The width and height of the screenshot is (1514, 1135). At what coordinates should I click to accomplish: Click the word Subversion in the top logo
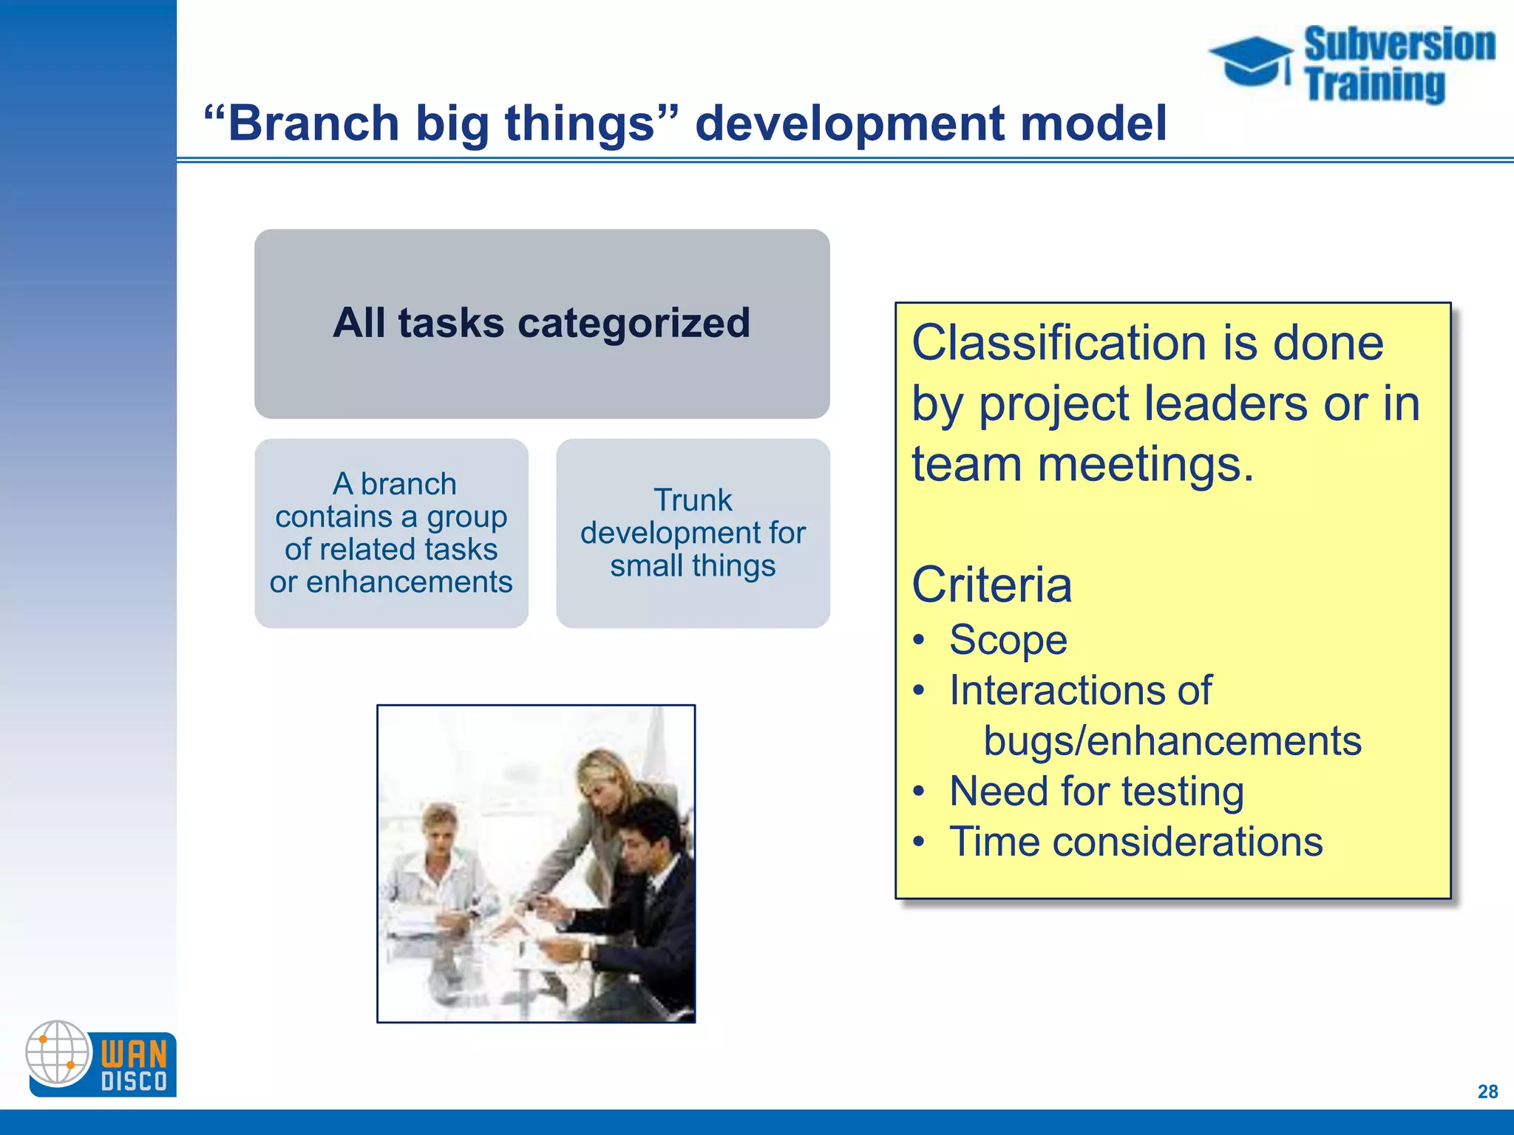click(x=1399, y=44)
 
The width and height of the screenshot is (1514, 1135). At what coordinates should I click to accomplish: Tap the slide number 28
click(x=1487, y=1091)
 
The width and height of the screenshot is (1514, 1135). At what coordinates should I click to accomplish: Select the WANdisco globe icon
click(x=58, y=1053)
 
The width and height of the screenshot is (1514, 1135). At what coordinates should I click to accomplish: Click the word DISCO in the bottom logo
click(x=134, y=1082)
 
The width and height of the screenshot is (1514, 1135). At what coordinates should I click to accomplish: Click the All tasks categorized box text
click(x=541, y=323)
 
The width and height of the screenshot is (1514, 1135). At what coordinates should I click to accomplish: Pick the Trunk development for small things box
click(x=693, y=533)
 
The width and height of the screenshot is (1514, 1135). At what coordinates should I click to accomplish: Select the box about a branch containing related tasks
click(x=391, y=533)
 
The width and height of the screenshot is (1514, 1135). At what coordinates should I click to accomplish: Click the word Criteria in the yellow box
click(x=991, y=584)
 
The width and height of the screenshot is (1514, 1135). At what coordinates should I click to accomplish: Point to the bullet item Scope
click(x=1008, y=640)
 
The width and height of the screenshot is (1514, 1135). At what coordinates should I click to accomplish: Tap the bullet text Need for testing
click(x=1096, y=791)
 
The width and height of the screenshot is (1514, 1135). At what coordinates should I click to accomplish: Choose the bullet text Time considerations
click(x=1135, y=842)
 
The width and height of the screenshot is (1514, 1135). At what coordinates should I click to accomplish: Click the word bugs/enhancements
click(x=1172, y=741)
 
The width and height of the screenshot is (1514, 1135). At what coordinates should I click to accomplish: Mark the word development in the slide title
click(x=849, y=123)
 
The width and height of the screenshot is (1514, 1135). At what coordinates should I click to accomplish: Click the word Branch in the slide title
click(x=313, y=123)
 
